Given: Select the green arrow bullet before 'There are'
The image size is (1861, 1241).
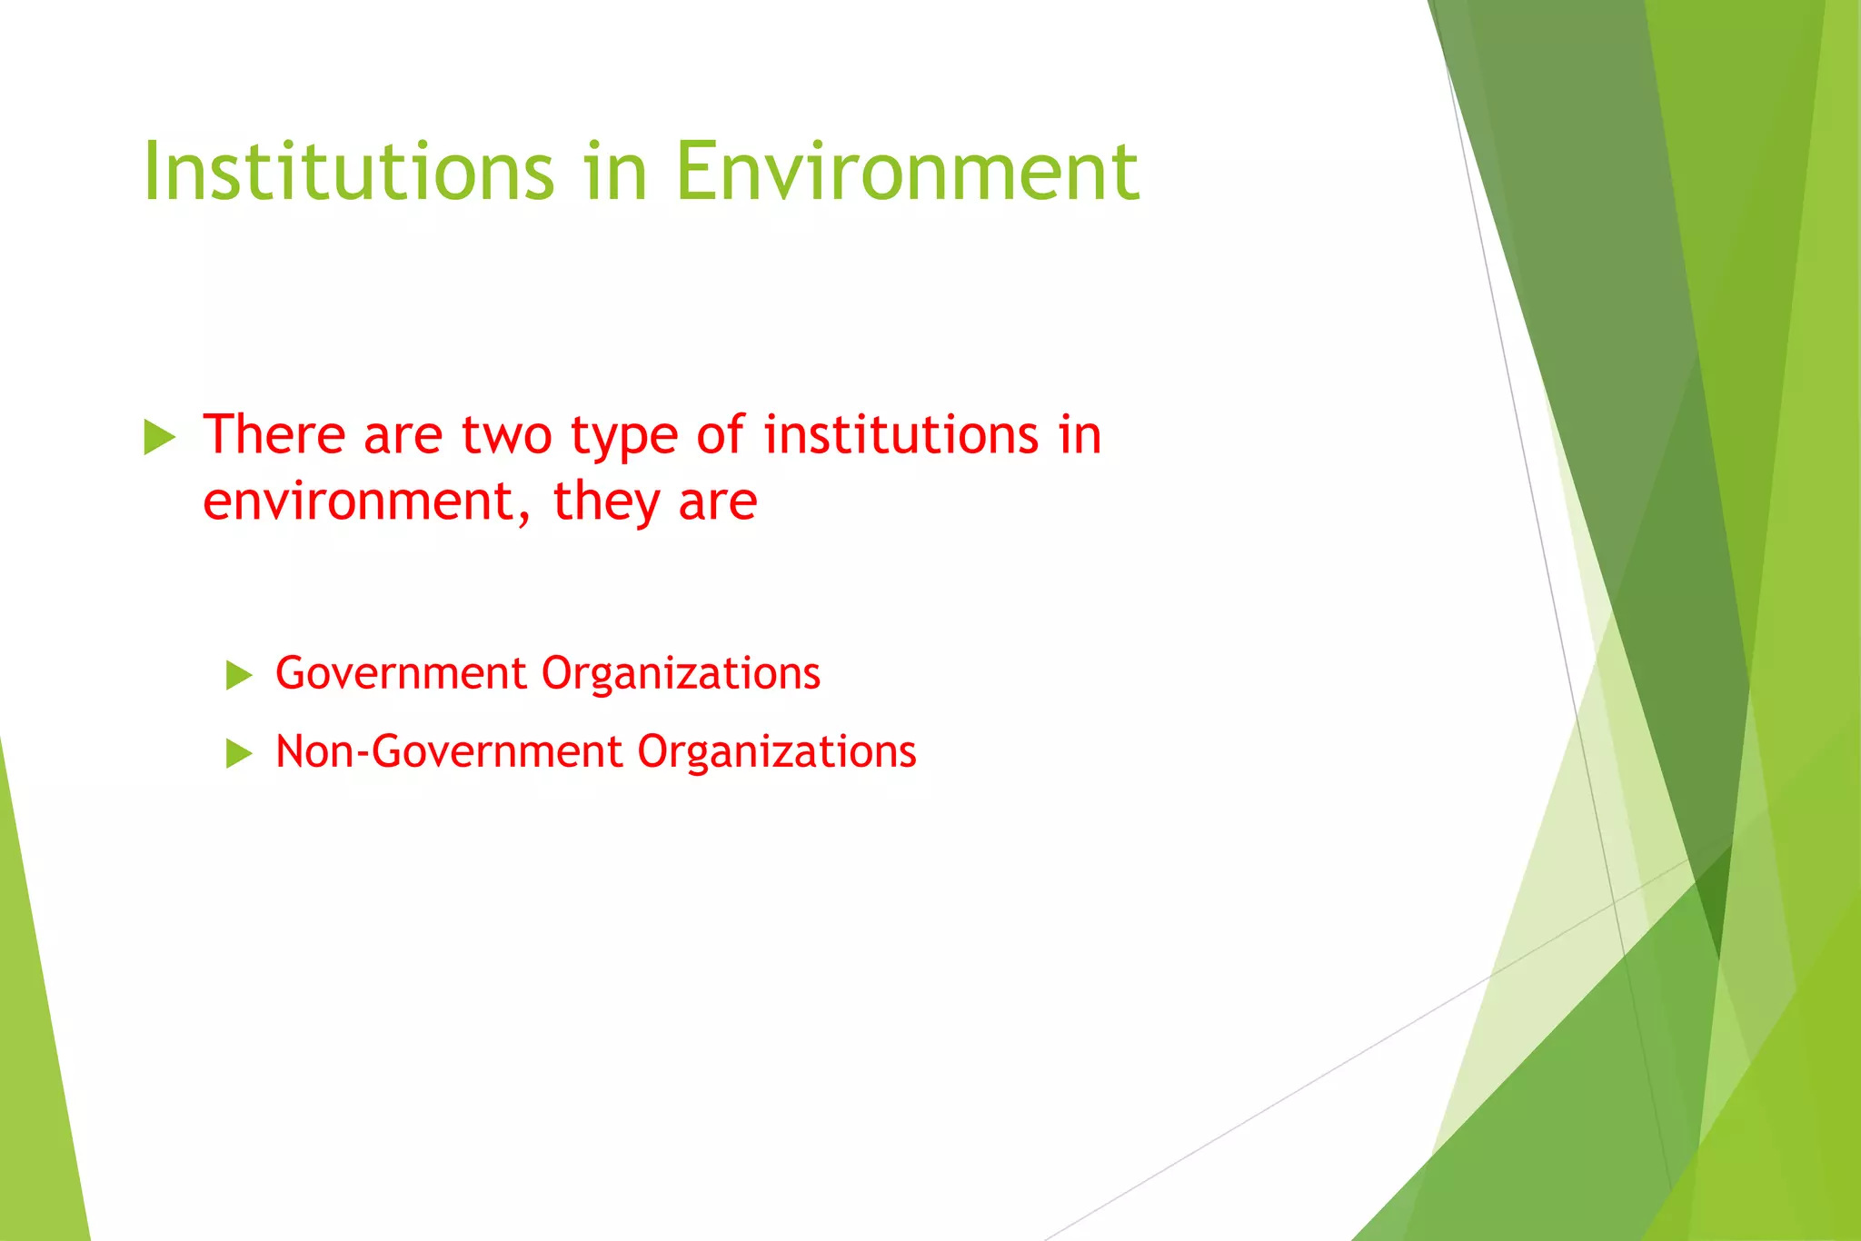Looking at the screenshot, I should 160,438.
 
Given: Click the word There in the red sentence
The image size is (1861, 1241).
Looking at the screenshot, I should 274,434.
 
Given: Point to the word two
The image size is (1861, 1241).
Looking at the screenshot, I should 506,434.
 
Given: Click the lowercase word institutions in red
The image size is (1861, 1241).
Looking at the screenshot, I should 901,434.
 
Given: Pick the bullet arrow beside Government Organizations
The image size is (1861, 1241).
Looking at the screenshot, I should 239,675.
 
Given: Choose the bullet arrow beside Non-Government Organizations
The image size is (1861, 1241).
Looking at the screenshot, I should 239,753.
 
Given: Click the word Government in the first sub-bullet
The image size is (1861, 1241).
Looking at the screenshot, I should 401,674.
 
